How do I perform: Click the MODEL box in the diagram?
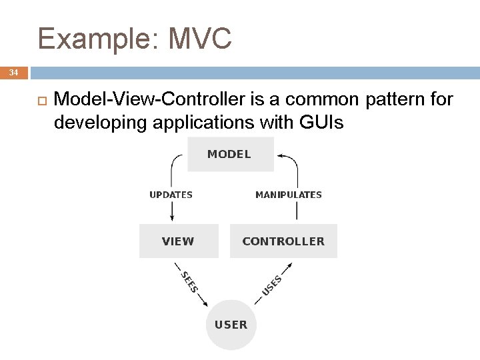coord(229,154)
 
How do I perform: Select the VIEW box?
coord(178,241)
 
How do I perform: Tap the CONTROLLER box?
coord(283,241)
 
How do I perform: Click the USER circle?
coord(231,325)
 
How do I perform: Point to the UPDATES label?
coord(171,195)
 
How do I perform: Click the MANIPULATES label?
coord(289,195)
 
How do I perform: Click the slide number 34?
coord(14,72)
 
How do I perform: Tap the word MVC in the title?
coord(200,38)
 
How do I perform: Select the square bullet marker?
coord(41,101)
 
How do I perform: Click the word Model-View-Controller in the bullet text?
coord(151,100)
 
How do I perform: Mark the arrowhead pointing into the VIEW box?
coord(172,218)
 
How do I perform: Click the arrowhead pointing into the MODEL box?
coord(280,156)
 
